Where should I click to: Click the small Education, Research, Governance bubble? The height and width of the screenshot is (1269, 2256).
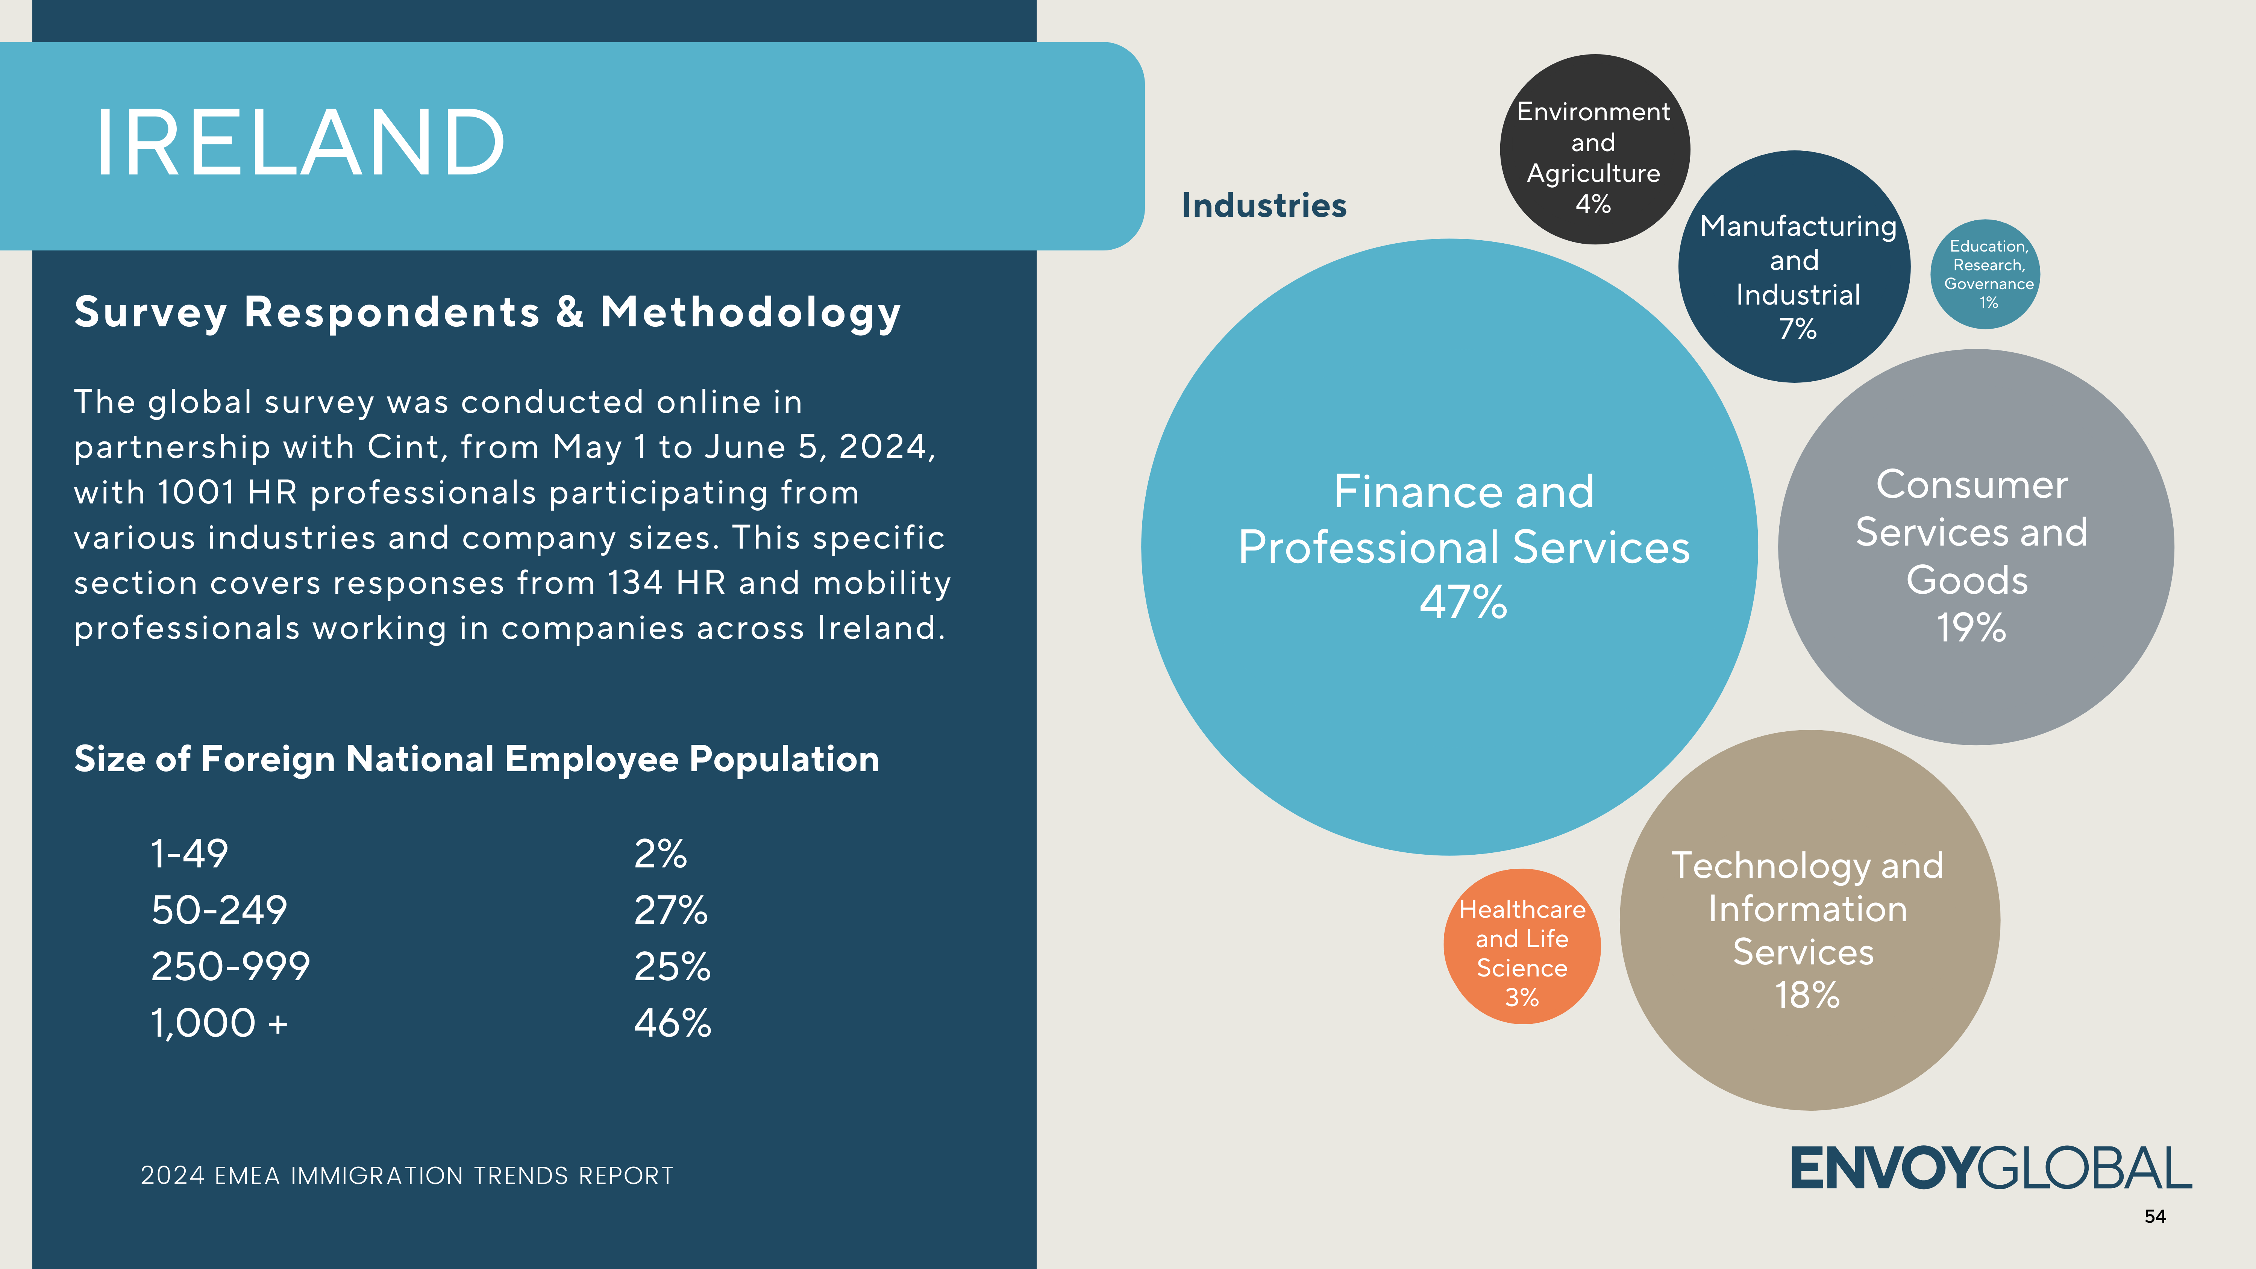click(x=1985, y=274)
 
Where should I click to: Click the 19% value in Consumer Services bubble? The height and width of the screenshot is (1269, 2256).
click(x=1971, y=628)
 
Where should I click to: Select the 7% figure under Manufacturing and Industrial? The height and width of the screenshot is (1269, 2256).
click(x=1797, y=329)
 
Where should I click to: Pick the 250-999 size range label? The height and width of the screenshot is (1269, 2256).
click(x=230, y=967)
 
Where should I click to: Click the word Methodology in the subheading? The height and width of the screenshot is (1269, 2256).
click(x=750, y=313)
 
